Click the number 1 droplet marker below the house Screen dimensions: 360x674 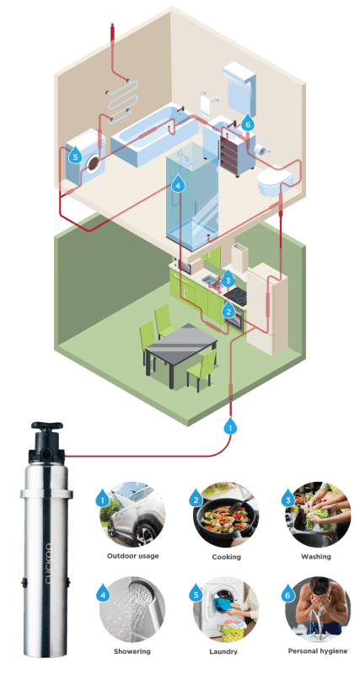point(230,425)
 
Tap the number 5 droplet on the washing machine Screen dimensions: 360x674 point(75,156)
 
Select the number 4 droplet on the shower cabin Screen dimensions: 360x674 point(178,184)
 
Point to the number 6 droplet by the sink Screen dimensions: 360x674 point(247,122)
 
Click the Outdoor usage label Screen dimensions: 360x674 point(133,556)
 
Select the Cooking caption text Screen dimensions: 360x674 point(226,557)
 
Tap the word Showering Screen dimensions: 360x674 point(132,651)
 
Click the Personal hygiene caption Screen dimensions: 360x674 point(317,651)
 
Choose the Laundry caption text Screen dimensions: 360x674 point(223,651)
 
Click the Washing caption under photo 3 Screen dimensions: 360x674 point(315,557)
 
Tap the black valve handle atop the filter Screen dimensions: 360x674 point(47,427)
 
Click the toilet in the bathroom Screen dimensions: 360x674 point(275,181)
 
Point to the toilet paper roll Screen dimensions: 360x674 point(261,150)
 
